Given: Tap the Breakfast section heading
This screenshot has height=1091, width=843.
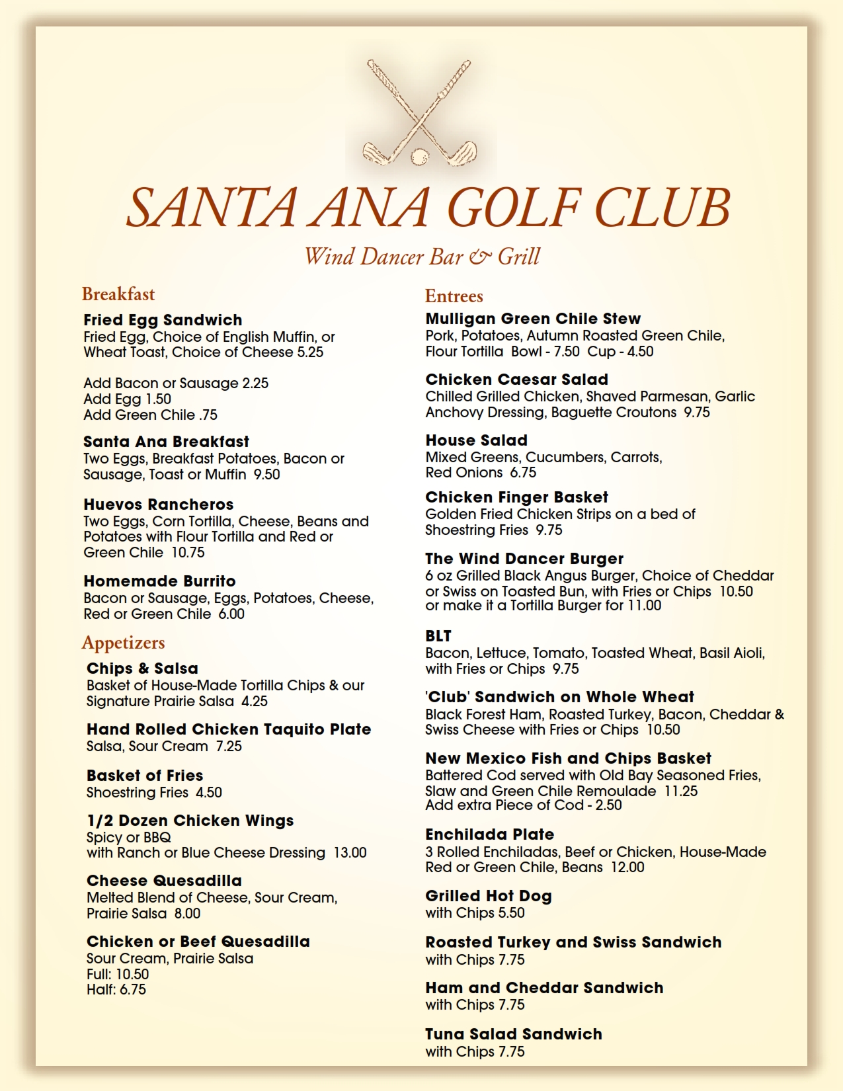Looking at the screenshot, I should [118, 294].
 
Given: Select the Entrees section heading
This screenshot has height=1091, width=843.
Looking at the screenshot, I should [454, 296].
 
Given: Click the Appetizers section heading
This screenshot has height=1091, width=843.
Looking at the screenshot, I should [123, 643].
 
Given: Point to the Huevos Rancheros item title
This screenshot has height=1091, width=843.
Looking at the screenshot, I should [159, 505].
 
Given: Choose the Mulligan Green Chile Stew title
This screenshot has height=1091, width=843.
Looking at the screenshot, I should [533, 319].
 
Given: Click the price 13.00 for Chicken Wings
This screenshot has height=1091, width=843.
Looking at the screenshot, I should [350, 853].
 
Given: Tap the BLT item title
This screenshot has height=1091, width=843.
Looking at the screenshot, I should [438, 636].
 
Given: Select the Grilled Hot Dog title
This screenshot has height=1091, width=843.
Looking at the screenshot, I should [489, 896].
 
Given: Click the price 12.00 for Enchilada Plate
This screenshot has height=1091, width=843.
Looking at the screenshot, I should [627, 868].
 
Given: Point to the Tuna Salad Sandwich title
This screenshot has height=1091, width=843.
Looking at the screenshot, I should [514, 1034].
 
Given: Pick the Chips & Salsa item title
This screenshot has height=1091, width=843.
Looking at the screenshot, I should [142, 668].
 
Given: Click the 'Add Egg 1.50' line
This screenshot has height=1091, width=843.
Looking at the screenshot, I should [127, 399].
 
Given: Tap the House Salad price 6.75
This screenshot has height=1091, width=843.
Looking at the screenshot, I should [523, 473].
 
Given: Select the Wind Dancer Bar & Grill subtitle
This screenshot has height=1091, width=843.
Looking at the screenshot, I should [422, 257].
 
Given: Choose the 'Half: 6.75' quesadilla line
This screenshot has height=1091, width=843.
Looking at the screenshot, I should [116, 990].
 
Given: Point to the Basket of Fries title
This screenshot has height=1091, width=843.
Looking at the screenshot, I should [145, 776].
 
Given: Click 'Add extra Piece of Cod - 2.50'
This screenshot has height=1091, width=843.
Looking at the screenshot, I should [524, 805].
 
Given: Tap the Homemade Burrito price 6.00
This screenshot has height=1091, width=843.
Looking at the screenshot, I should [231, 614].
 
